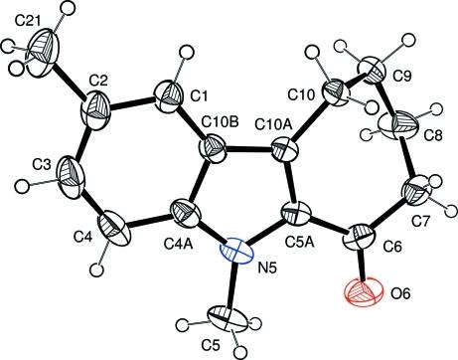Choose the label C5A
(299, 240)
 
